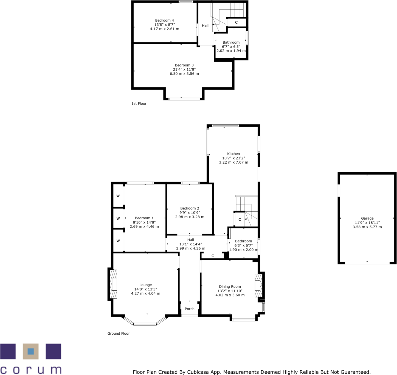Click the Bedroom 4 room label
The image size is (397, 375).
click(x=164, y=20)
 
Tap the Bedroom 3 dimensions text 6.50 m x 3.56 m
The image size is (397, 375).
click(x=184, y=74)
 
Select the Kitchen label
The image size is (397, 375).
click(x=233, y=154)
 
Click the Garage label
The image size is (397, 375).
click(x=367, y=218)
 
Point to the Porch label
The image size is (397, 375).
click(x=189, y=309)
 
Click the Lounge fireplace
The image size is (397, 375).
click(x=114, y=284)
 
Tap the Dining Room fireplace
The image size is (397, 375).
click(x=258, y=286)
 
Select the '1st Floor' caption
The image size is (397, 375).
click(x=139, y=103)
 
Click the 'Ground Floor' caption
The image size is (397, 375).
click(x=119, y=334)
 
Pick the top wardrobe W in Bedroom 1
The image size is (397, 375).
click(x=118, y=196)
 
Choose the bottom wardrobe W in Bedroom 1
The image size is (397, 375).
click(x=118, y=241)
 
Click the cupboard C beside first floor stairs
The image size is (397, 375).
click(x=236, y=23)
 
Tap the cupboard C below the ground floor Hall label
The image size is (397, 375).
click(x=213, y=256)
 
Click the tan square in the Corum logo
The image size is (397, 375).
click(x=30, y=351)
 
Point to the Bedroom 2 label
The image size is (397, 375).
click(x=190, y=208)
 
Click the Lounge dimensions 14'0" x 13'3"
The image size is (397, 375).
click(x=145, y=289)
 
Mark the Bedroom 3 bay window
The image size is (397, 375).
click(x=184, y=99)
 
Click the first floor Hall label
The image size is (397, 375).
click(x=205, y=26)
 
